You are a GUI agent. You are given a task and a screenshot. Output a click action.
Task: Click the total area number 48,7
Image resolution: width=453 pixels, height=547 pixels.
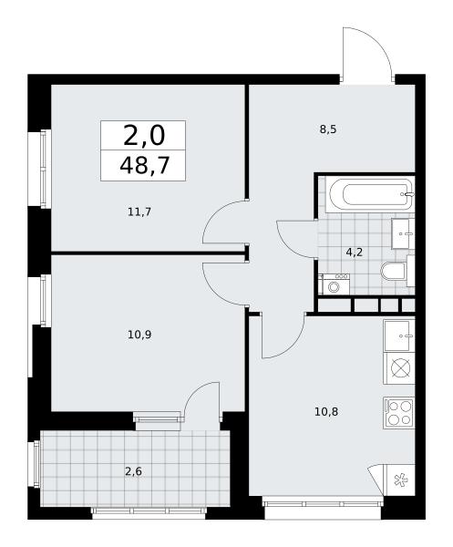tap(144, 165)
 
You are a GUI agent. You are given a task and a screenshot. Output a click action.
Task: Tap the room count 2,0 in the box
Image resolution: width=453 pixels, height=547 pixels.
tap(144, 137)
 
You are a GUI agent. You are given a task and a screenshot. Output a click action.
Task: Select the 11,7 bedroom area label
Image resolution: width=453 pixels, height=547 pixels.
tap(139, 212)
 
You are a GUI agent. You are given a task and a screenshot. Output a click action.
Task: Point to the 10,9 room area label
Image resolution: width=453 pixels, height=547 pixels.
tap(139, 335)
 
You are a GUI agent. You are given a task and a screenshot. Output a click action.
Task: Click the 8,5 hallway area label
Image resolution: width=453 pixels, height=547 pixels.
tap(328, 129)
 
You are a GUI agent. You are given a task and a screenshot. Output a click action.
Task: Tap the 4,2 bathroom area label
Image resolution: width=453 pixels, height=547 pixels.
tap(355, 252)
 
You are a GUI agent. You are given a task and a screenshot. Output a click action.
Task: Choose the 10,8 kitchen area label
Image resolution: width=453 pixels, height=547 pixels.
tap(326, 412)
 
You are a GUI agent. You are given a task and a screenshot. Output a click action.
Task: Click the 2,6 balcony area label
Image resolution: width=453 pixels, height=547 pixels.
tap(134, 471)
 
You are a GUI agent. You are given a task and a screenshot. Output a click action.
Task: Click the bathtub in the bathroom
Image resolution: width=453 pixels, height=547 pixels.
tap(371, 195)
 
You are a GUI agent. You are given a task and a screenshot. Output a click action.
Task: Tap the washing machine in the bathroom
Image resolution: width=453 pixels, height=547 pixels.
tap(335, 284)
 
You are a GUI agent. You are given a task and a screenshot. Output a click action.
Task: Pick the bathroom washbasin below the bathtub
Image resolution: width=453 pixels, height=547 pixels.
tap(403, 233)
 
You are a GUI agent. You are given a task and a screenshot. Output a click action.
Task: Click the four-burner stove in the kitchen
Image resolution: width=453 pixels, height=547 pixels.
tap(399, 413)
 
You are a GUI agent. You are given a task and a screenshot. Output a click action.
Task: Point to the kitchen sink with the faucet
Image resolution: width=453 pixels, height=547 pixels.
tap(399, 335)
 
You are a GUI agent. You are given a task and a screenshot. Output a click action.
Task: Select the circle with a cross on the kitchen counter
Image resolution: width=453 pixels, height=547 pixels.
tap(399, 368)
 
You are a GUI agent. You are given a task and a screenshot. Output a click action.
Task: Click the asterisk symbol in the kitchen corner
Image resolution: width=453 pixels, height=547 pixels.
tap(398, 480)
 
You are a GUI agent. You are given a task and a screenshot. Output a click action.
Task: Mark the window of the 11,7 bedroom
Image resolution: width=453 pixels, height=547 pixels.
tap(43, 170)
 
